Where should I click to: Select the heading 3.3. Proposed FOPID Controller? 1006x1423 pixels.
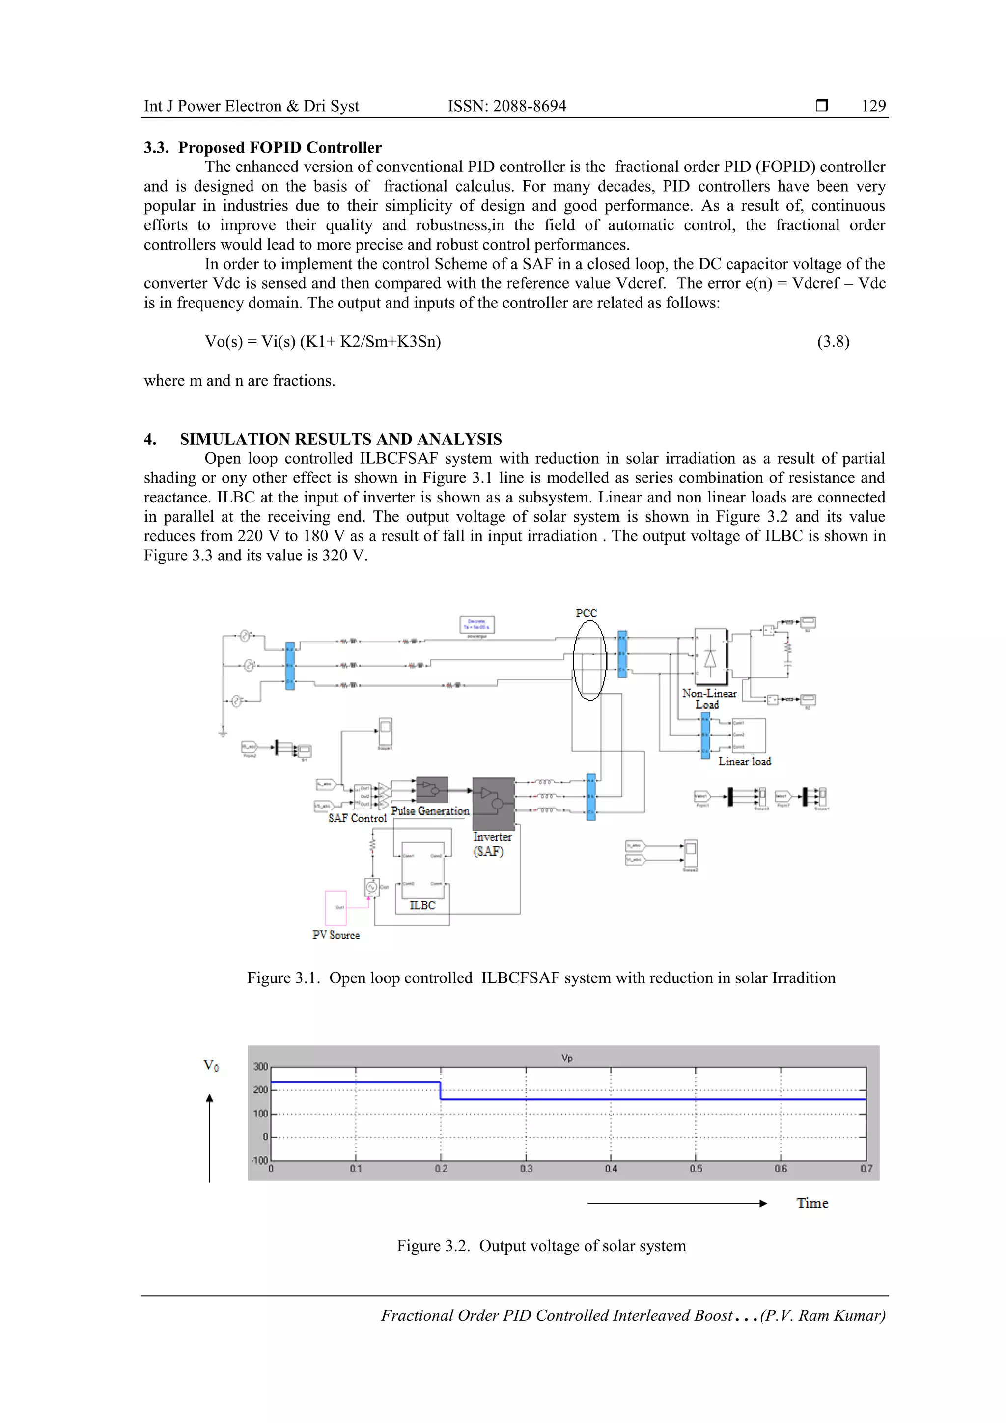263,147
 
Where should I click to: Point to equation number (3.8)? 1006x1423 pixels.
833,341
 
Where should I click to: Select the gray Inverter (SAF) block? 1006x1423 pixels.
493,803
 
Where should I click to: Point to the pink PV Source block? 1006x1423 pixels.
335,908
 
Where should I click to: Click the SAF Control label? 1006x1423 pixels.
357,818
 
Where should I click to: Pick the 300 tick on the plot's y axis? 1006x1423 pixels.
260,1066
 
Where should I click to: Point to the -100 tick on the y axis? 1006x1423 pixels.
259,1160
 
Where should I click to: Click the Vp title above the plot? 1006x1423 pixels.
566,1058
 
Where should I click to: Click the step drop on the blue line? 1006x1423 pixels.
441,1091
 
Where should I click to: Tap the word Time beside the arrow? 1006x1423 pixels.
812,1203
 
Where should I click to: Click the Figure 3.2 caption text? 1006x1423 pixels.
541,1246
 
